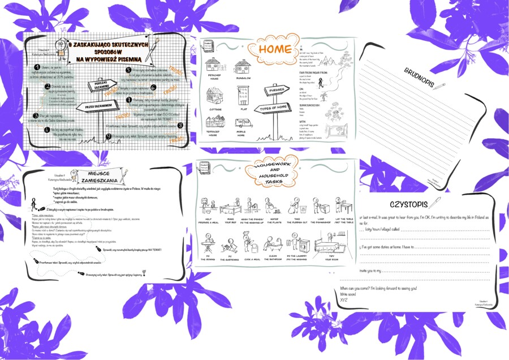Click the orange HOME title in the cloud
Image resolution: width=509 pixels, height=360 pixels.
(275, 50)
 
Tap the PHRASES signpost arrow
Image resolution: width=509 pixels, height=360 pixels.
(278, 90)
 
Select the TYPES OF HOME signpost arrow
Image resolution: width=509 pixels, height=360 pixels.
(274, 108)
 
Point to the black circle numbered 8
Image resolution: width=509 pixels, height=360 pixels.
(180, 125)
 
